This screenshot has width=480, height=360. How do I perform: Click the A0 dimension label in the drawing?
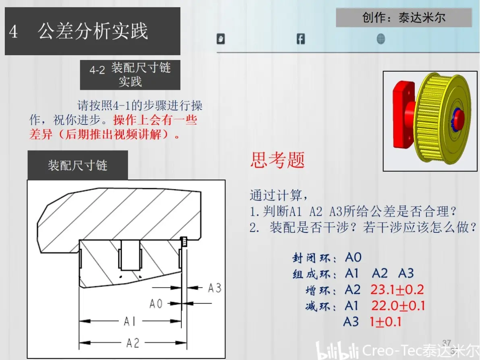156,304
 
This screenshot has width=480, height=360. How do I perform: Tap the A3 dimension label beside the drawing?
215,288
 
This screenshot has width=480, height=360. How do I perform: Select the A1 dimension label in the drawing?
130,321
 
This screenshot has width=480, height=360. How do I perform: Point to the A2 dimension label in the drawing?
133,343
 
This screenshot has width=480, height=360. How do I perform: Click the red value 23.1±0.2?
397,290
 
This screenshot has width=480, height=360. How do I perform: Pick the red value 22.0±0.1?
398,306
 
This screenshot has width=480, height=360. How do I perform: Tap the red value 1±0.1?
385,322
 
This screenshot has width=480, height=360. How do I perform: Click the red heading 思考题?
278,160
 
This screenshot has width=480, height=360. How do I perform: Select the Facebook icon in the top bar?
301,39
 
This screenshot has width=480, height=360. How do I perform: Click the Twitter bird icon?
221,39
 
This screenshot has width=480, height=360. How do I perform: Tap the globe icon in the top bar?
381,39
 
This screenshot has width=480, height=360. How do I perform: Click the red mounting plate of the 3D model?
402,115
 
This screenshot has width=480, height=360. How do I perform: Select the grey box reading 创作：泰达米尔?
404,17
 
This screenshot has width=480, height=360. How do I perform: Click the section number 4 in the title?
13,32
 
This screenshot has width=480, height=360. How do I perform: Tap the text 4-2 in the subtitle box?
97,70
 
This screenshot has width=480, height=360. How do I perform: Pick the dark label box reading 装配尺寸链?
78,165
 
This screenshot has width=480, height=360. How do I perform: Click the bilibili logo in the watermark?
337,350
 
